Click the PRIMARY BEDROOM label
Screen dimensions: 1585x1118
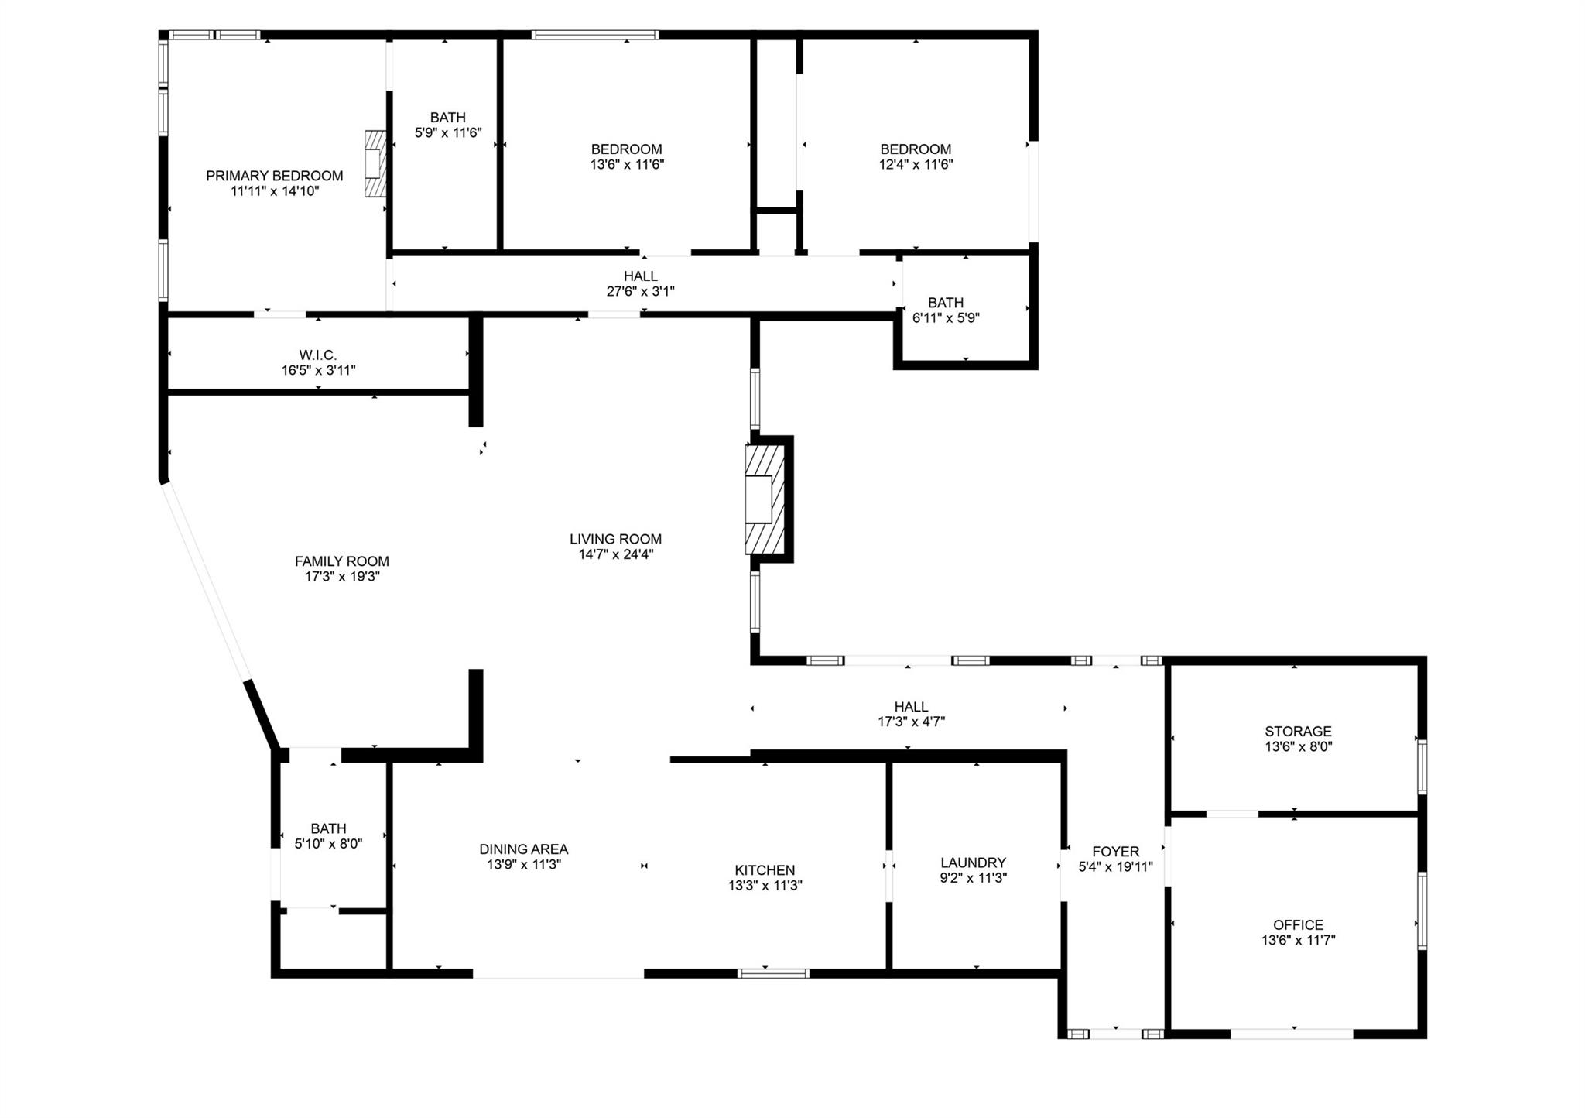(275, 176)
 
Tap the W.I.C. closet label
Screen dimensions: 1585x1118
(318, 355)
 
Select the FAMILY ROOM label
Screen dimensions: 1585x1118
(342, 561)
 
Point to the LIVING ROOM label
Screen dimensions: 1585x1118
(616, 539)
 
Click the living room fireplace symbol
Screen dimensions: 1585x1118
(765, 499)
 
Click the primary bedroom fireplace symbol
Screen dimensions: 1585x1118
(376, 164)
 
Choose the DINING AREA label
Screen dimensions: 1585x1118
(524, 849)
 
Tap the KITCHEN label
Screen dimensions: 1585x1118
(765, 870)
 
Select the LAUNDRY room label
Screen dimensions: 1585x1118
(974, 863)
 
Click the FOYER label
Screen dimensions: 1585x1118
(1116, 852)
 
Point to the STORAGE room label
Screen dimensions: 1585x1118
(1299, 732)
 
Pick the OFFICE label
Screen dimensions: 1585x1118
(1299, 925)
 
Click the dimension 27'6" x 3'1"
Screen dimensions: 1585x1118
(641, 292)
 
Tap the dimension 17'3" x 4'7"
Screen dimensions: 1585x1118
(911, 722)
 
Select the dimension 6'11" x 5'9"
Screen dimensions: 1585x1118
(947, 318)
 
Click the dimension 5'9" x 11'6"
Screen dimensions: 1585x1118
(448, 133)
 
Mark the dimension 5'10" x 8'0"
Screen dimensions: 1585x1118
(329, 844)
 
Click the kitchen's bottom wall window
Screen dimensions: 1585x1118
(773, 973)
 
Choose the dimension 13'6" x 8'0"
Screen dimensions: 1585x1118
(1299, 747)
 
